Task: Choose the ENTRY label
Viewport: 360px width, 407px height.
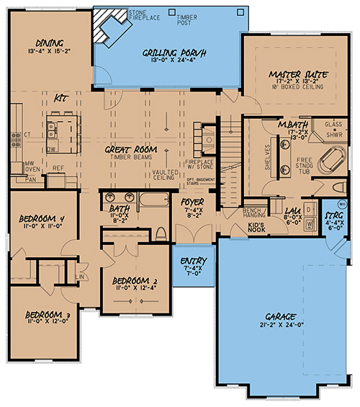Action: [192, 261]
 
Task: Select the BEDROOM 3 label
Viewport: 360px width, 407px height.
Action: [47, 315]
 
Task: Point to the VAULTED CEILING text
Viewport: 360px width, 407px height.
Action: [166, 176]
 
